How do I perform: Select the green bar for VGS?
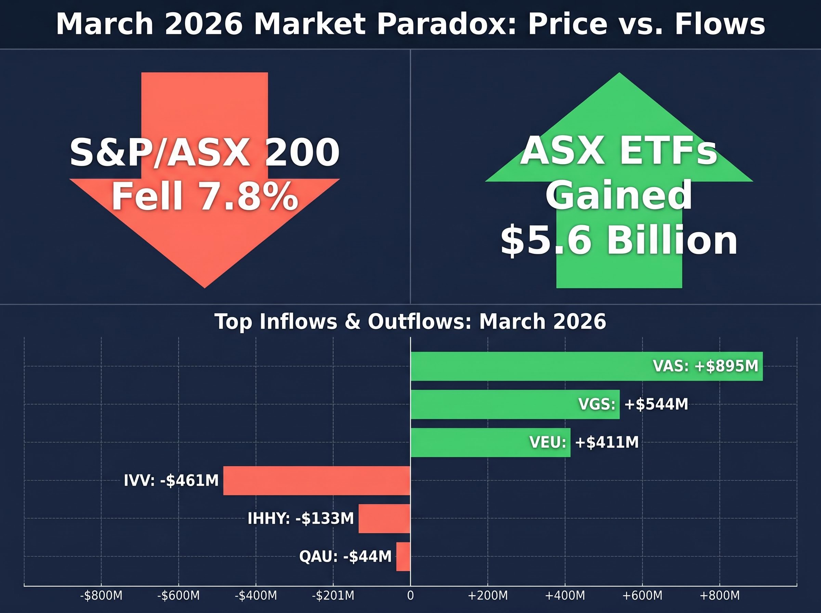coord(493,404)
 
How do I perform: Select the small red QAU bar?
coord(403,557)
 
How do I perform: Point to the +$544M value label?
coord(656,404)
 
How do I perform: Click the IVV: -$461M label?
coord(171,481)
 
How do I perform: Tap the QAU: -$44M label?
coord(345,557)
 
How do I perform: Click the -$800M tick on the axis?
coord(101,596)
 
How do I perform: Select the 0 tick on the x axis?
coord(410,596)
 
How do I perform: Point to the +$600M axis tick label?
coord(642,596)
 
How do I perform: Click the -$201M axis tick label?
coord(333,596)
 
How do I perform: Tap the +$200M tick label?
coord(487,596)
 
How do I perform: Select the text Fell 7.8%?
coord(205,197)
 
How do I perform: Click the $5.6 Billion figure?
coord(619,241)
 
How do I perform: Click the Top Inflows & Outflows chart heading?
coord(410,321)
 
